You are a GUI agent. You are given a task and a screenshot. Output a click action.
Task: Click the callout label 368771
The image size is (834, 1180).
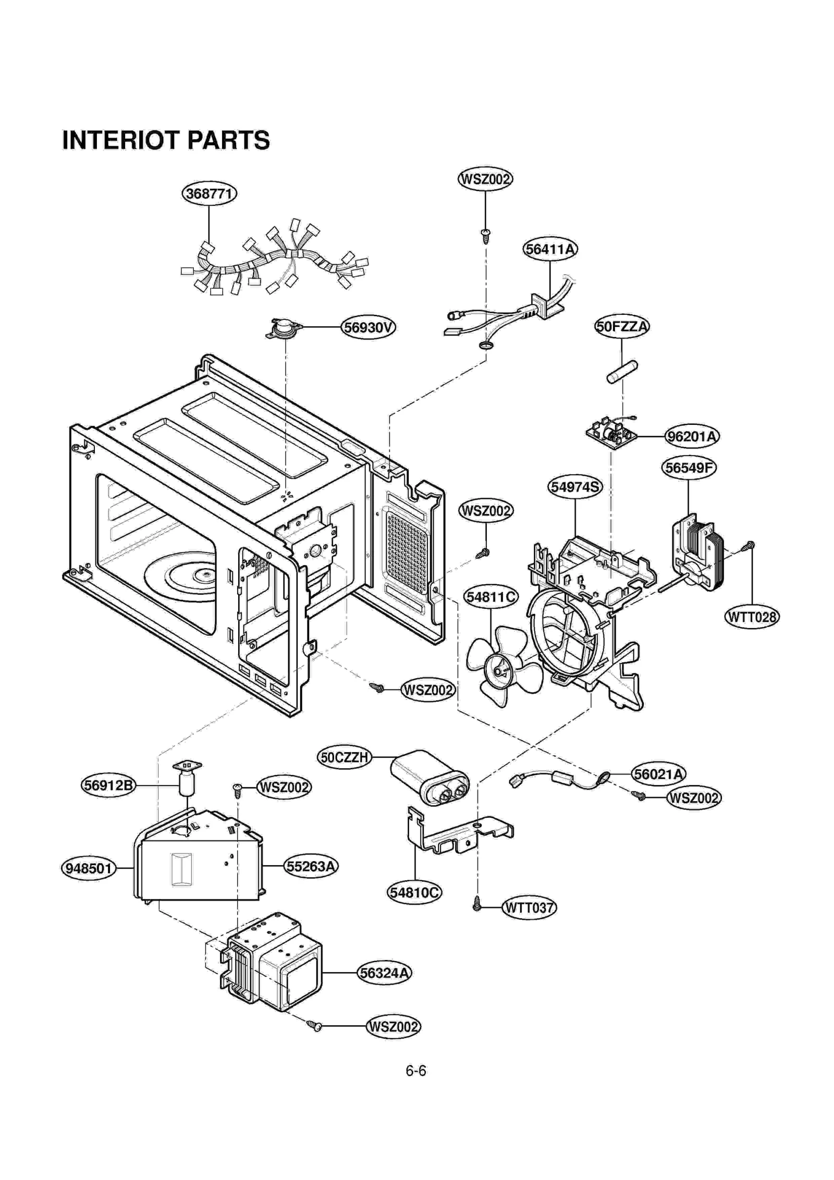[209, 194]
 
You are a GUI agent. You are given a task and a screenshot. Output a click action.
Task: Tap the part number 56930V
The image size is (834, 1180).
[368, 327]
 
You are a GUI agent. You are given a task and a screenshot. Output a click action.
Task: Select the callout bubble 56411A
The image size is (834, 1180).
[550, 249]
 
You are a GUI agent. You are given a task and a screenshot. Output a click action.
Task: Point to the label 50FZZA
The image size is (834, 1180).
[622, 327]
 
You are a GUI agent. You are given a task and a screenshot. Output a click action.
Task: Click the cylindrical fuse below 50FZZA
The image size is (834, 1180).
[622, 372]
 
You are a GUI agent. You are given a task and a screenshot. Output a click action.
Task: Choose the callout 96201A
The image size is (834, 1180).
[692, 436]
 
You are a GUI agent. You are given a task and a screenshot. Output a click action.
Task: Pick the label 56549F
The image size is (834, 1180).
[689, 468]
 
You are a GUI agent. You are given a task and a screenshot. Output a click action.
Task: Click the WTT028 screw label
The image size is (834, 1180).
[752, 617]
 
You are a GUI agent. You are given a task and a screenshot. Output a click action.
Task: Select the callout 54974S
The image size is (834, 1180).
[575, 487]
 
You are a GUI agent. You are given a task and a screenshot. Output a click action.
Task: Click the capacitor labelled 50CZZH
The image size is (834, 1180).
[430, 777]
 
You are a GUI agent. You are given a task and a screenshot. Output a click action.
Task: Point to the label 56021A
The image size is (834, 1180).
[658, 774]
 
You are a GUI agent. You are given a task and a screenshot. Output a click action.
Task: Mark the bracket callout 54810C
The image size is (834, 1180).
[415, 893]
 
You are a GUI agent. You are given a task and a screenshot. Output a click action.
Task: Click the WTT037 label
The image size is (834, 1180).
[529, 907]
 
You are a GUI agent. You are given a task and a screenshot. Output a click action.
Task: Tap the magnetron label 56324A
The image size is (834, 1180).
[385, 973]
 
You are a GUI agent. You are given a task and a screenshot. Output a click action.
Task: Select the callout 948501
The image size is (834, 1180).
[89, 868]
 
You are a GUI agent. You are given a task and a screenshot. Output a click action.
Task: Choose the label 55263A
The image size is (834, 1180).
[311, 866]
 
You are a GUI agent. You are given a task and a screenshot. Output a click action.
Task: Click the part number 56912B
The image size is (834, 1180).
[108, 785]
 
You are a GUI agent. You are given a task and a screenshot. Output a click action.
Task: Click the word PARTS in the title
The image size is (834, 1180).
[228, 140]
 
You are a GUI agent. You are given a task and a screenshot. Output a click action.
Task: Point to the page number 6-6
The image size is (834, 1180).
[415, 1071]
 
